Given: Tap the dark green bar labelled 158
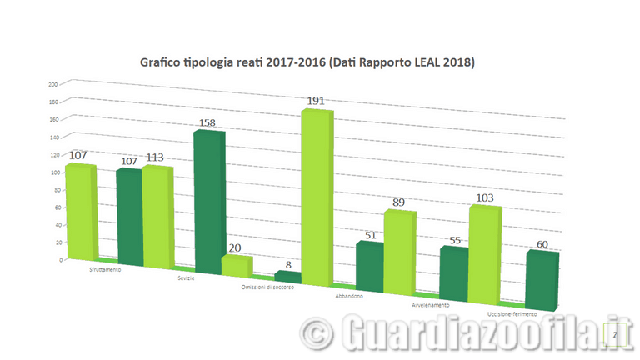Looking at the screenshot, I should coord(207,200).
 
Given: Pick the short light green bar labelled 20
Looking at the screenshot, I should coord(235,266).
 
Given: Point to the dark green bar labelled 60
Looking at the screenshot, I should coord(541,277).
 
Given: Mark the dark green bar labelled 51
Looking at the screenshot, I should coord(370,266).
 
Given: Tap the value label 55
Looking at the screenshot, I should coord(455,240).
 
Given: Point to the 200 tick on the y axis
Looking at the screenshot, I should coord(52,84).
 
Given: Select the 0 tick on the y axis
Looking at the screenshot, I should coord(59,260).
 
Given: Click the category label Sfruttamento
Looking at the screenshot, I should coord(110,269).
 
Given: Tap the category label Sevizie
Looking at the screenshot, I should coord(187,277).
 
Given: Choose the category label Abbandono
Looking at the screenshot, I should coord(348,296).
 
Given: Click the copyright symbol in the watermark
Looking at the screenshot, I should coord(314,332).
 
